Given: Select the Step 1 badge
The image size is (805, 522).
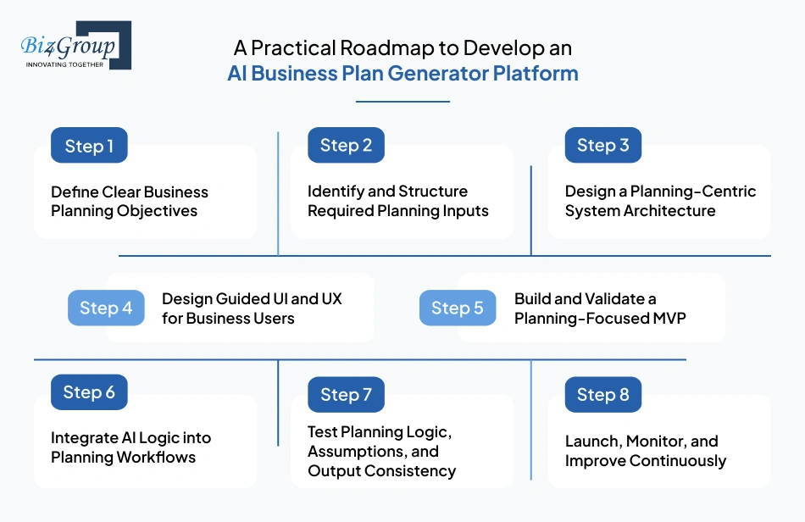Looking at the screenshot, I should [89, 146].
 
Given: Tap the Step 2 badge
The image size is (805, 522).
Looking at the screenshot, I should [346, 146].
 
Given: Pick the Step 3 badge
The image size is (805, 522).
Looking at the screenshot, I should [602, 146].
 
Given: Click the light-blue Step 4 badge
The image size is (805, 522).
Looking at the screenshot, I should [106, 308].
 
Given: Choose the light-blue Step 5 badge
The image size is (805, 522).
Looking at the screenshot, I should [458, 308].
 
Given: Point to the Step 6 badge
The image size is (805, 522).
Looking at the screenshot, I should [89, 392].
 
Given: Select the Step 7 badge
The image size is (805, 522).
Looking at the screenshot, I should [346, 395].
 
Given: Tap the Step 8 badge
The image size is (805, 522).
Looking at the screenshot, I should [602, 395].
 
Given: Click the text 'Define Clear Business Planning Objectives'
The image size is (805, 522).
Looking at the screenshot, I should [129, 202].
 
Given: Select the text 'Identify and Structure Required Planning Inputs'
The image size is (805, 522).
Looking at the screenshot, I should [397, 202].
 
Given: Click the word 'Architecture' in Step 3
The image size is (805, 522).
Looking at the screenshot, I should [670, 211].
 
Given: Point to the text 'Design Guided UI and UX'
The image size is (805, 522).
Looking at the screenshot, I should [252, 299].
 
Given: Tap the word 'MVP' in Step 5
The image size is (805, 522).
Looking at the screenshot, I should [669, 319].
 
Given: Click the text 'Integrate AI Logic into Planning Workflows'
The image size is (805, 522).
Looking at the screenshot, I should [130, 447].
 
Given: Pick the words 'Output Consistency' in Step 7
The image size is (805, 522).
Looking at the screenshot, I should [381, 471].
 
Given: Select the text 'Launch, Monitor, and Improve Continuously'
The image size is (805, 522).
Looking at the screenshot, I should [645, 451].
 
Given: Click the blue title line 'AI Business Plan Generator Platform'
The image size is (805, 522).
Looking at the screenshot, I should [402, 73].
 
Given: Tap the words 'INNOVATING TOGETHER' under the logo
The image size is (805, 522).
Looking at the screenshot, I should [65, 64].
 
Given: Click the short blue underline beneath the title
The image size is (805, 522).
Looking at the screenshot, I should [402, 102].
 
